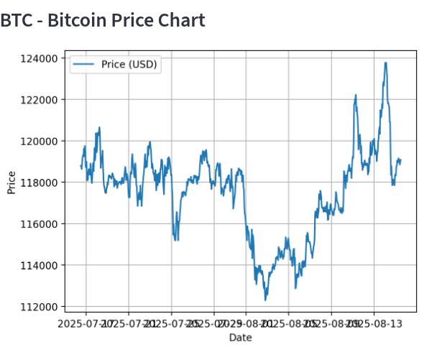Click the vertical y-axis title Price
click(11, 183)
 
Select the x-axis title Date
click(240, 337)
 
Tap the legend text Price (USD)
click(129, 65)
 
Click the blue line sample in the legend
click(84, 65)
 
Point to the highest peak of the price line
click(386, 63)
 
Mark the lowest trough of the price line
click(265, 300)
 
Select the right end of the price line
click(400, 160)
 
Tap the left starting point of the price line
click(80, 167)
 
